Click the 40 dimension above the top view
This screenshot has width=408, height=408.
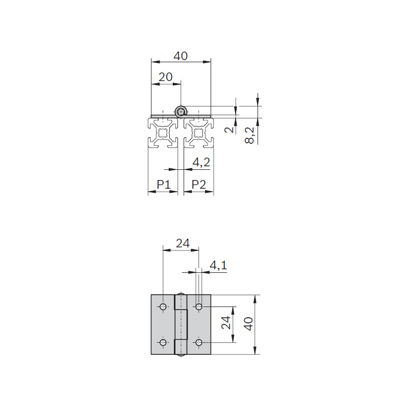click(x=181, y=56)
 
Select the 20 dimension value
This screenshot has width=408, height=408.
click(x=165, y=77)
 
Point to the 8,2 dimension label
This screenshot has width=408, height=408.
click(x=249, y=135)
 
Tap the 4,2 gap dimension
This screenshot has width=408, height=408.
click(x=201, y=163)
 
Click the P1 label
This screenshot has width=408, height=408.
click(x=164, y=185)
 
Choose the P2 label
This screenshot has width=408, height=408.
click(x=199, y=185)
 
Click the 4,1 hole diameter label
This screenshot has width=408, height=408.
click(x=218, y=266)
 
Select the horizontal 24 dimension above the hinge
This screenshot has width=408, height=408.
click(x=183, y=244)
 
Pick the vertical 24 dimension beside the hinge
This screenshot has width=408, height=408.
click(x=226, y=323)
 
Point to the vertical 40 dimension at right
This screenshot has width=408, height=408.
click(x=249, y=324)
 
